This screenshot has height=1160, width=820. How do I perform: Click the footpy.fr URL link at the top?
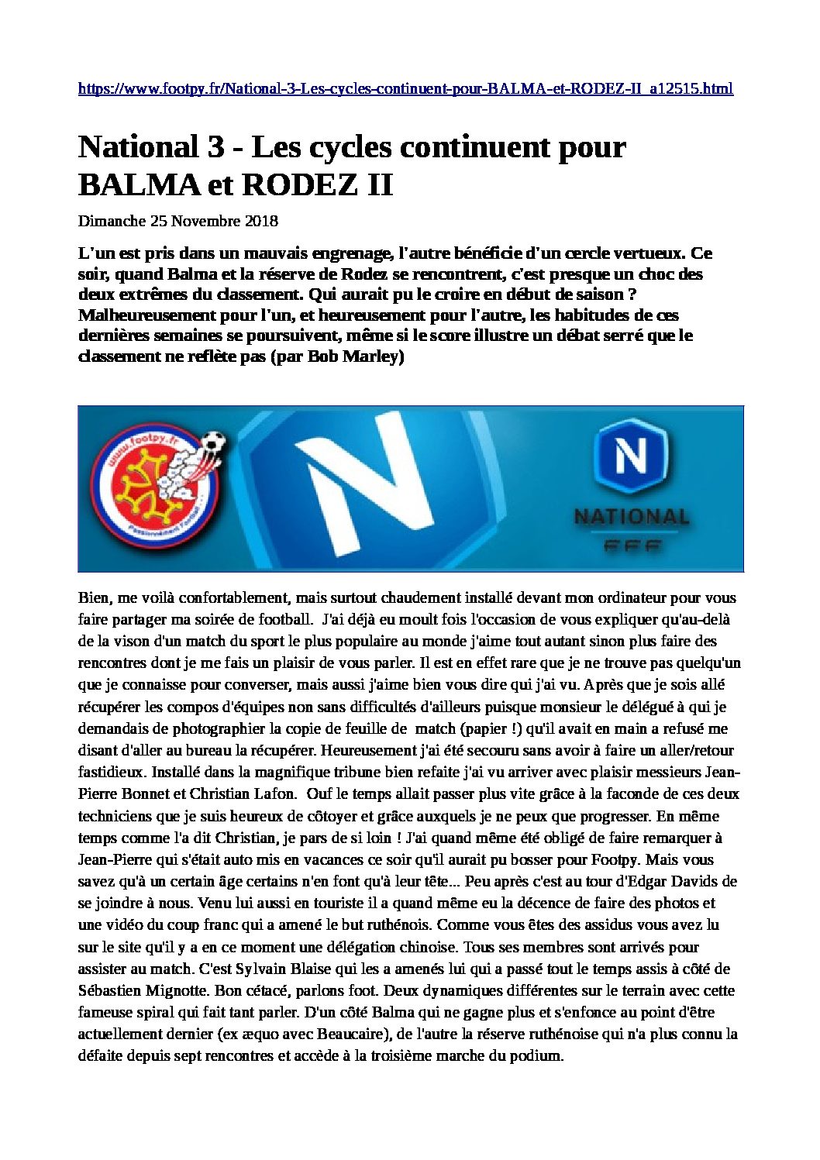(x=405, y=88)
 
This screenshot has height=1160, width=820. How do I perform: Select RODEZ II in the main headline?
(x=318, y=185)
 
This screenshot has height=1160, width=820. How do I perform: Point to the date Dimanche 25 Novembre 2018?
(x=177, y=221)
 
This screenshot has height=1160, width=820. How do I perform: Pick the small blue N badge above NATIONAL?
(x=630, y=456)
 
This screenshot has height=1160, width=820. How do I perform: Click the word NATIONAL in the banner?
(x=631, y=516)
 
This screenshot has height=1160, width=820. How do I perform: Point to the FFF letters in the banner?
(x=631, y=545)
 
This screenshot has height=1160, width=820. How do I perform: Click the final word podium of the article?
(x=534, y=1055)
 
